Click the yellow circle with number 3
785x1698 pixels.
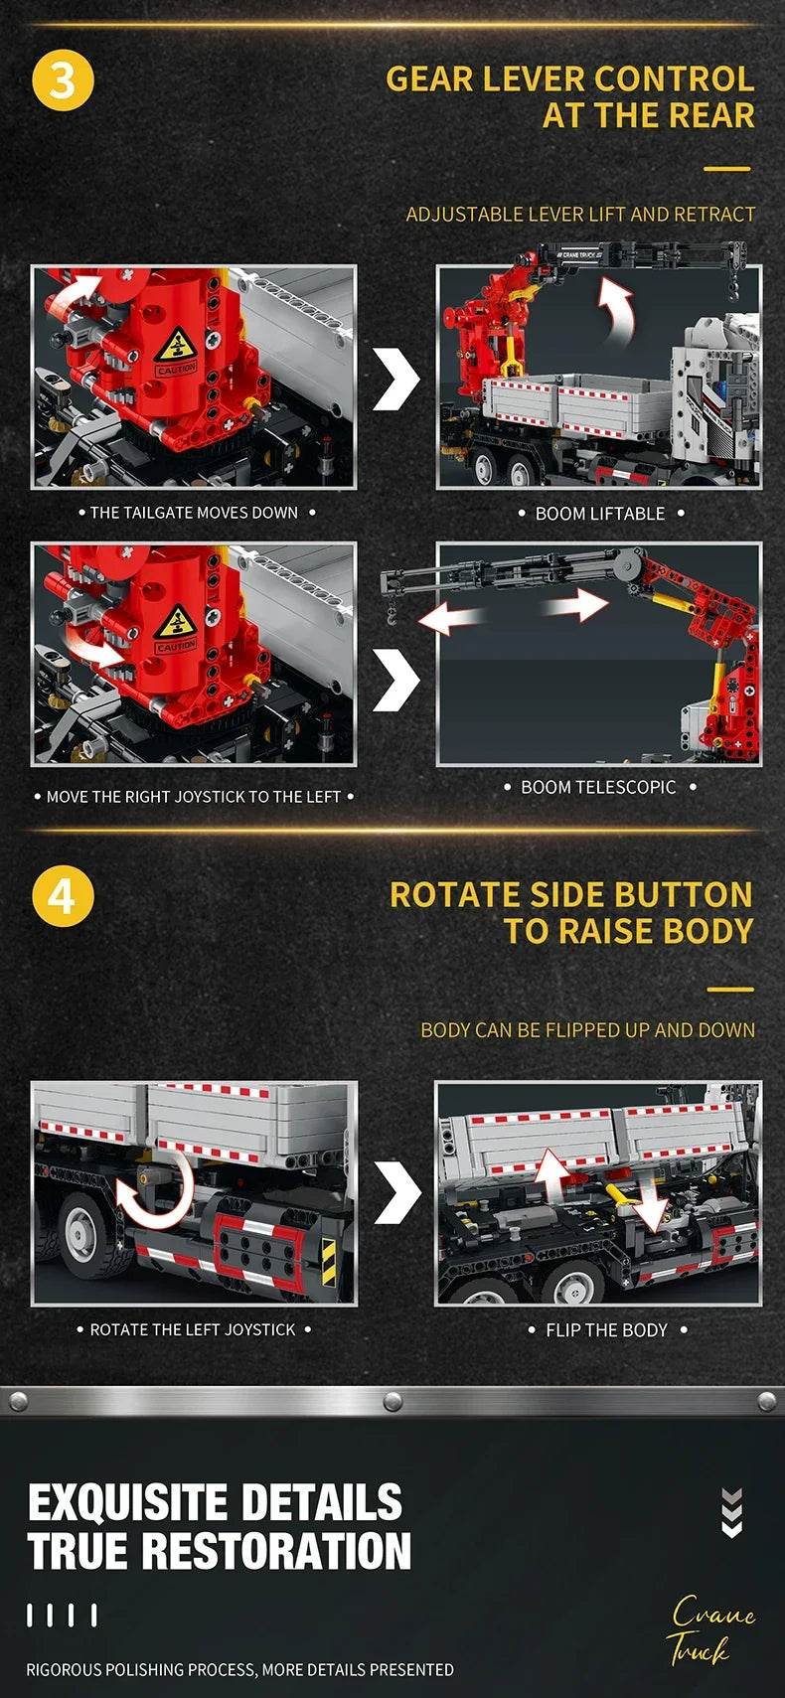(x=63, y=79)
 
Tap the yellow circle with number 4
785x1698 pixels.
(x=62, y=896)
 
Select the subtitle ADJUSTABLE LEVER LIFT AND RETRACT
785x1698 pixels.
(x=580, y=215)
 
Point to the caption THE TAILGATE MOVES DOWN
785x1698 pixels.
(x=195, y=513)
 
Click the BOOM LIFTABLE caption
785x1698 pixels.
(x=600, y=514)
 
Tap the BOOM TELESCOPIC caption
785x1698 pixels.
(x=598, y=787)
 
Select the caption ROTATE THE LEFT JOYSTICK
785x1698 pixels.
(x=193, y=1329)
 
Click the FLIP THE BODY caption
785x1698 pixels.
(x=606, y=1329)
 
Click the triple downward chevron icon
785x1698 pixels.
(x=732, y=1512)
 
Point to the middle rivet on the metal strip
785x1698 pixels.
(x=392, y=1401)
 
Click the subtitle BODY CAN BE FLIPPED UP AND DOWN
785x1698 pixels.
(x=587, y=1030)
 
